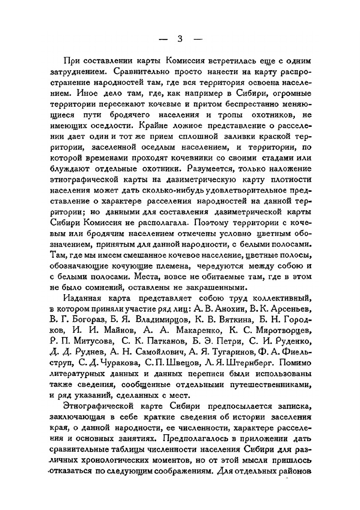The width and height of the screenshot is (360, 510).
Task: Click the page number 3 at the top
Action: (x=180, y=39)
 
